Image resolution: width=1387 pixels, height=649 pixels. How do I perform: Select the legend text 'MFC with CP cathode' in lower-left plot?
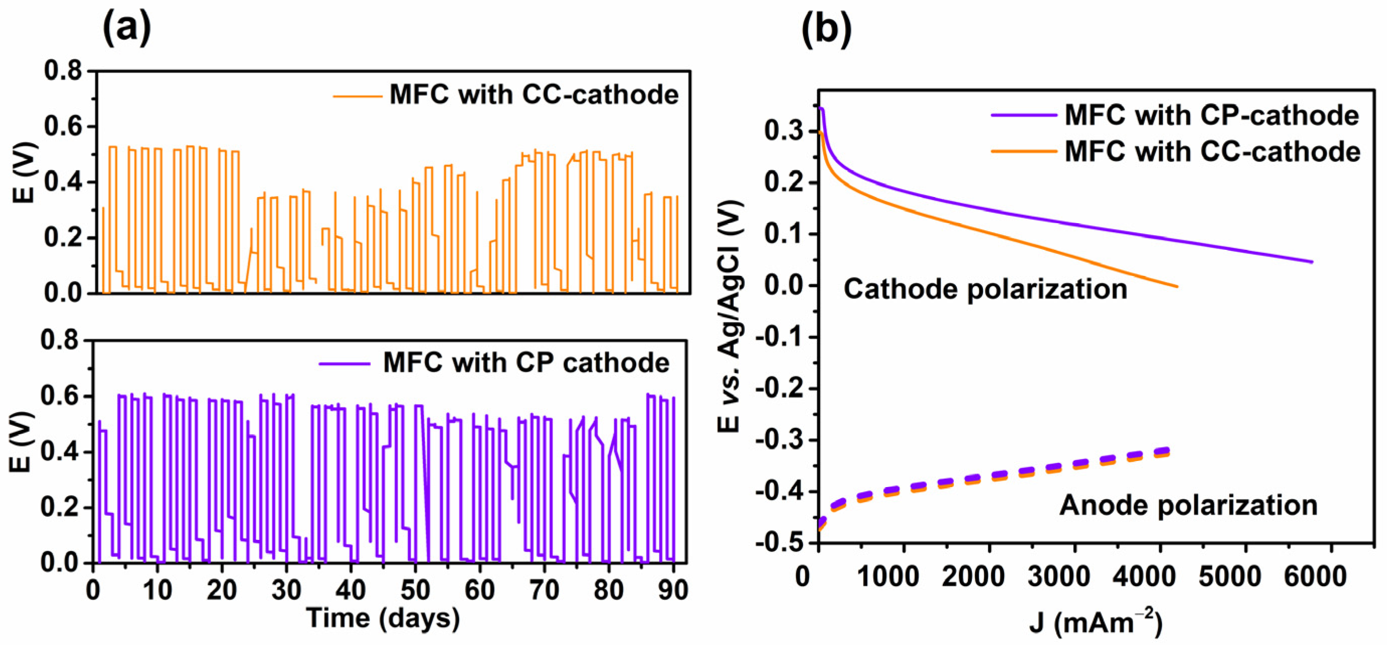[x=526, y=362]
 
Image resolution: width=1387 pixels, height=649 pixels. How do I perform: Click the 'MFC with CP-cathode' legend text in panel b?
[x=1212, y=115]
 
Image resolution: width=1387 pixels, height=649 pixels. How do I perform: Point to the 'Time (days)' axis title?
[x=383, y=618]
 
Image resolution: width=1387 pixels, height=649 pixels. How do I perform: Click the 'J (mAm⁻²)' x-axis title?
[x=1096, y=623]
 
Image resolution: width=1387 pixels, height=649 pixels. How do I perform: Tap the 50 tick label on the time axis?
[x=415, y=591]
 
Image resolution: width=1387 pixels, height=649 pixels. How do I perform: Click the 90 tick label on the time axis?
[x=672, y=591]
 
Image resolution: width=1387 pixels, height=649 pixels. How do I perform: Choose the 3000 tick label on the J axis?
[x=1058, y=576]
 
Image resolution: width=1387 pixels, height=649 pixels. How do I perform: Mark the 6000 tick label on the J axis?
[x=1315, y=576]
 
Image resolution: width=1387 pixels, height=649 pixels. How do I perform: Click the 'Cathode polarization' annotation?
[x=985, y=289]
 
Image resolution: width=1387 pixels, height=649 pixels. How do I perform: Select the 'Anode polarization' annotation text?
[x=1188, y=505]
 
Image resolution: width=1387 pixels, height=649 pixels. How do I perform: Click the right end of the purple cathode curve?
[x=1312, y=262]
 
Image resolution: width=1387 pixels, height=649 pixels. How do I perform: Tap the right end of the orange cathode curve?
[x=1177, y=286]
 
